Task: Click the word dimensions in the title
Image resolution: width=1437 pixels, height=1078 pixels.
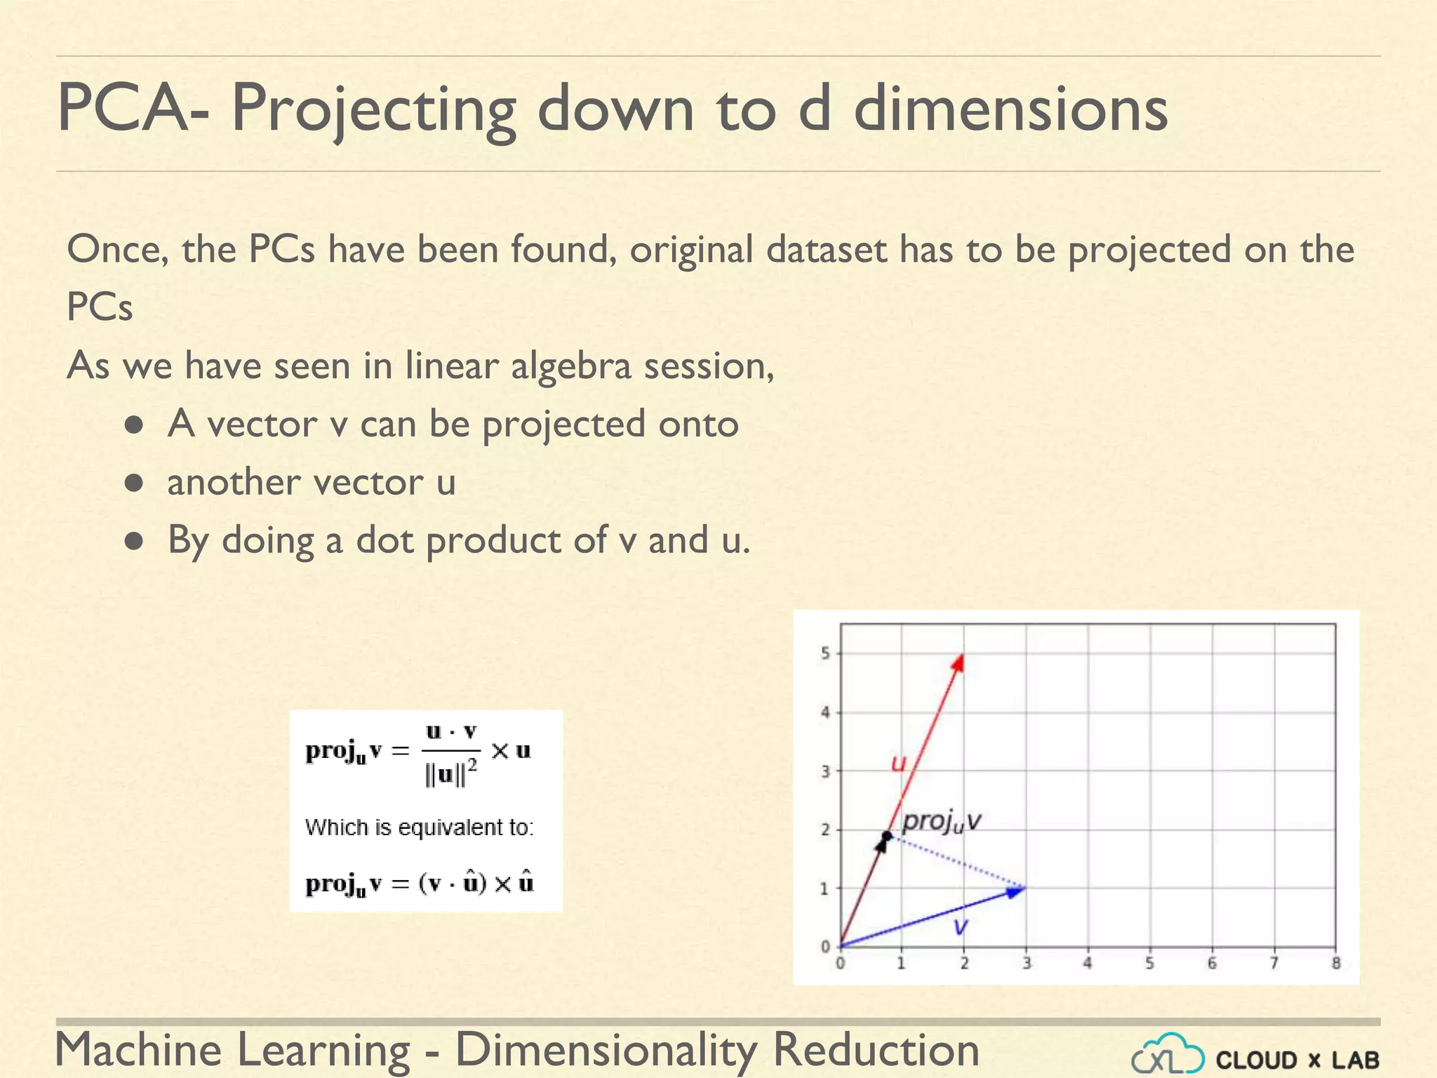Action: pyautogui.click(x=1010, y=109)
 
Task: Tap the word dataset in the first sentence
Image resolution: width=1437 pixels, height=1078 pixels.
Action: pyautogui.click(x=827, y=250)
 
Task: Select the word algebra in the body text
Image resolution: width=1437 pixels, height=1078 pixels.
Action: pyautogui.click(x=570, y=366)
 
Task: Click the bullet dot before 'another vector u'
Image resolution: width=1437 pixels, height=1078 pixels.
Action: pyautogui.click(x=134, y=483)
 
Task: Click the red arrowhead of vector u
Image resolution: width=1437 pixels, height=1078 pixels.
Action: pyautogui.click(x=958, y=662)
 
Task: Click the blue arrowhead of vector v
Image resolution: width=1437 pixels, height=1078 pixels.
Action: pyautogui.click(x=1016, y=891)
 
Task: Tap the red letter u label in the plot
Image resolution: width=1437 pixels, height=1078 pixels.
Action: pyautogui.click(x=898, y=763)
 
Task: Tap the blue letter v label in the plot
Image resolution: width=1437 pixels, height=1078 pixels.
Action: pyautogui.click(x=961, y=927)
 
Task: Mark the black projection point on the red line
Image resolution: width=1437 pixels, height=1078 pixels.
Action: pyautogui.click(x=887, y=836)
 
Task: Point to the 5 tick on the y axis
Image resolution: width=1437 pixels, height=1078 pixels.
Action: pyautogui.click(x=826, y=653)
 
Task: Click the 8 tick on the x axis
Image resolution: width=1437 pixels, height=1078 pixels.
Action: pyautogui.click(x=1336, y=964)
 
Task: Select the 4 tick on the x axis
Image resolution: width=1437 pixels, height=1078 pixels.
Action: pyautogui.click(x=1088, y=964)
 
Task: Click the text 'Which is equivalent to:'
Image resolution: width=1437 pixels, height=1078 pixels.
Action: pyautogui.click(x=419, y=827)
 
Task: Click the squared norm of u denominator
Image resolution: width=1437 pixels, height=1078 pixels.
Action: pyautogui.click(x=450, y=775)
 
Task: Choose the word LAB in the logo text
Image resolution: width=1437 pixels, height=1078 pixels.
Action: pyautogui.click(x=1356, y=1060)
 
